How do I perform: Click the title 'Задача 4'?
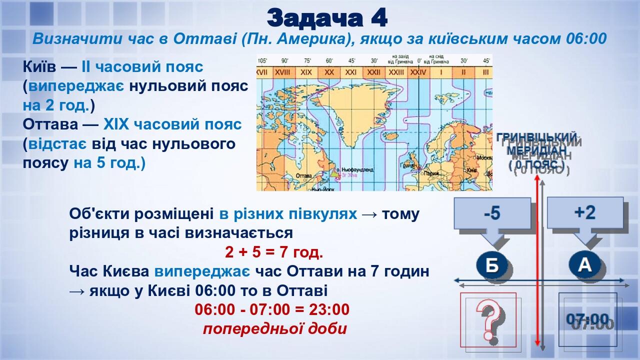(x=327, y=18)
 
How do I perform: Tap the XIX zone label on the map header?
(x=306, y=72)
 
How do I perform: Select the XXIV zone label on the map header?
(x=418, y=72)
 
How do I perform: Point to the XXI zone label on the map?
(x=351, y=72)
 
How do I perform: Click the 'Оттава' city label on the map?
(x=304, y=176)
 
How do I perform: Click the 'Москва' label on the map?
(x=484, y=157)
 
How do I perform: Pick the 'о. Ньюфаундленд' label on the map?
(x=356, y=170)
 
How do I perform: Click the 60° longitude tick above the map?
(x=329, y=61)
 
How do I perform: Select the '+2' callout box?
(x=584, y=212)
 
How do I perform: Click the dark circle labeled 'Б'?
(x=492, y=265)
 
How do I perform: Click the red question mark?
(x=488, y=320)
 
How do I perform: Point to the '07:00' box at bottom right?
(x=588, y=319)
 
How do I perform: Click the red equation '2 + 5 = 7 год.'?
(x=274, y=252)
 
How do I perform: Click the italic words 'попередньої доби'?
(x=274, y=329)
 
